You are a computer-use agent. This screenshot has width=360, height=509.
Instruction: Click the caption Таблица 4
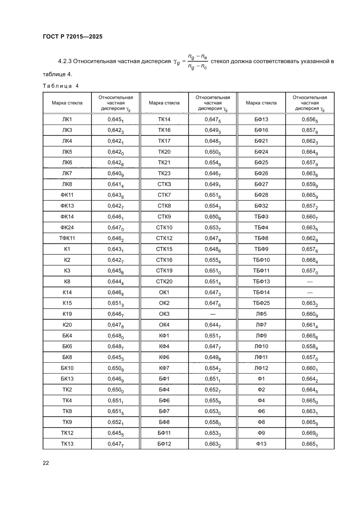61,85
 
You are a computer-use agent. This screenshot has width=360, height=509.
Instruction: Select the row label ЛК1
67,119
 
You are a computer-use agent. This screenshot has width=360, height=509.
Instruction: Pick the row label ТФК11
67,238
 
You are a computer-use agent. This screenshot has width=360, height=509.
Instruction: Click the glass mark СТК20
164,281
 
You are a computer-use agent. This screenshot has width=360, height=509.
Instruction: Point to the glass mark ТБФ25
261,303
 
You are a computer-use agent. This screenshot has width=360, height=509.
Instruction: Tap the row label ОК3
164,314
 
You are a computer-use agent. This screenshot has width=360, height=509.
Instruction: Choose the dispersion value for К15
116,303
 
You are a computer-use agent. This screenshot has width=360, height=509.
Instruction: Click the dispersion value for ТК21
213,162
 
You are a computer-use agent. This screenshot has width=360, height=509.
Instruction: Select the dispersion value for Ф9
310,433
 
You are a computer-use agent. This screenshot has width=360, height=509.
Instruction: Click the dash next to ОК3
213,314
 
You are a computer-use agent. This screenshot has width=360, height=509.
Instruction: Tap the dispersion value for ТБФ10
310,260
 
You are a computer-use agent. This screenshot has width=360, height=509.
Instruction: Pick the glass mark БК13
67,379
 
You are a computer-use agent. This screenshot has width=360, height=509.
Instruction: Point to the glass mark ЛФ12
261,368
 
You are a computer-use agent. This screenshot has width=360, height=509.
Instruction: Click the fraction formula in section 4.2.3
197,61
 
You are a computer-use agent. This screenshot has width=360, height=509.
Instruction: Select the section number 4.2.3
66,62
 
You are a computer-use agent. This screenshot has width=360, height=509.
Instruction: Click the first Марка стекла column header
67,103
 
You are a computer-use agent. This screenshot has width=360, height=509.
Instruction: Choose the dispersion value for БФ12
213,444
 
